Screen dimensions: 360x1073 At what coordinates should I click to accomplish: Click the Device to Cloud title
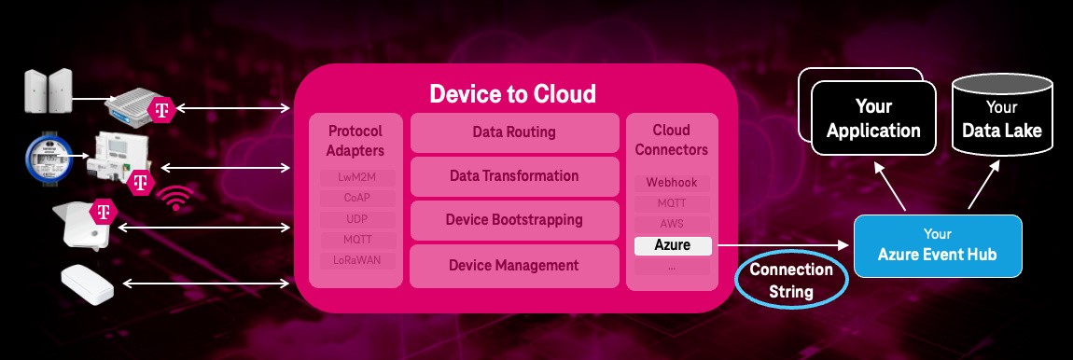click(512, 94)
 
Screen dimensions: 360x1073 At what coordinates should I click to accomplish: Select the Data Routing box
click(514, 132)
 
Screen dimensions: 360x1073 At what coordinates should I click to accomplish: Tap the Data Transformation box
click(514, 176)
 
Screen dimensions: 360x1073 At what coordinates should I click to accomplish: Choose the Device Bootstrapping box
click(514, 220)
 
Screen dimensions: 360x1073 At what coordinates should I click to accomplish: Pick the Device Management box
click(514, 266)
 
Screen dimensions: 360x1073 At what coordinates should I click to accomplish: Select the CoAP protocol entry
click(355, 197)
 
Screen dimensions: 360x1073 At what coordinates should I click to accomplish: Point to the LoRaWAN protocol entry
click(355, 259)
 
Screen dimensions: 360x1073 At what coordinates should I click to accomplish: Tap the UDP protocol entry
click(355, 218)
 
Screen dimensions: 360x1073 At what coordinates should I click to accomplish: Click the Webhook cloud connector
click(672, 183)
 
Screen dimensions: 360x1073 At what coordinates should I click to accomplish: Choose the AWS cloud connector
click(672, 225)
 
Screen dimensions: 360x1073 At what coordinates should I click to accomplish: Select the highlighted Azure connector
click(672, 246)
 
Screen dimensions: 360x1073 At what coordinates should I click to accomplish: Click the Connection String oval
click(791, 281)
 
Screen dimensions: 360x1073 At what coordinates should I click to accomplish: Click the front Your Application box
click(873, 119)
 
